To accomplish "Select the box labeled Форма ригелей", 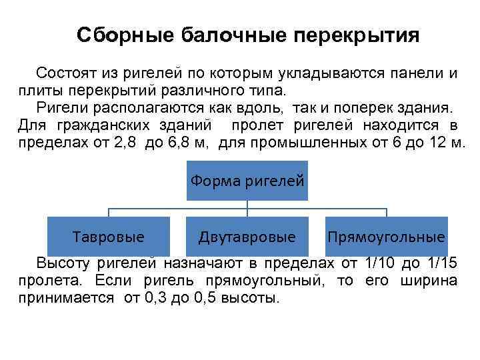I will [x=247, y=180].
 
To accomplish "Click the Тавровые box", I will [x=109, y=237].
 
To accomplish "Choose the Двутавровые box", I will [x=247, y=237].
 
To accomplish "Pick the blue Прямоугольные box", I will [x=387, y=237].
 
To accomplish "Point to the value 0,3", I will [x=154, y=298].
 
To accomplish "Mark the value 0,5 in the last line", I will [x=201, y=298].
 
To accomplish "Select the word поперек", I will [x=359, y=107].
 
